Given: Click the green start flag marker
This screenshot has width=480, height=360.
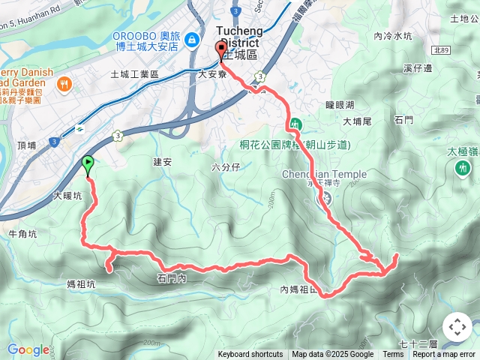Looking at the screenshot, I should click(88, 163).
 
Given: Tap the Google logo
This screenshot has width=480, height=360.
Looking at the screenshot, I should click(28, 349).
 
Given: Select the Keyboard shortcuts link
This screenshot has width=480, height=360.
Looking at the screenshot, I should click(250, 355).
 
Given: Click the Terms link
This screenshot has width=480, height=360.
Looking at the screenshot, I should click(393, 355).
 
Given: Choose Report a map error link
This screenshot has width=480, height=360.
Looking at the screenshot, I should click(444, 355).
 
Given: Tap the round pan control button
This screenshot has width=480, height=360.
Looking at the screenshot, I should click(457, 327).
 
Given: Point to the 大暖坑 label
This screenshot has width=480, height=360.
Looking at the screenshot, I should click(67, 196).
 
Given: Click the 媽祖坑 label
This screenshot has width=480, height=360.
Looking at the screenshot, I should click(81, 284).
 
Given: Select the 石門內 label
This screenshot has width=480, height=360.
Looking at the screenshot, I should click(172, 278).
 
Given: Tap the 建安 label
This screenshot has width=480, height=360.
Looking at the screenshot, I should click(163, 161).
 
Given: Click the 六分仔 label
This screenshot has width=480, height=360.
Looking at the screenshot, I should click(226, 166).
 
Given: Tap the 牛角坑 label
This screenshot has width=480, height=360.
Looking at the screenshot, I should click(22, 233).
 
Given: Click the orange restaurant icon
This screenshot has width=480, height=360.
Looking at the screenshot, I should click(66, 84).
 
